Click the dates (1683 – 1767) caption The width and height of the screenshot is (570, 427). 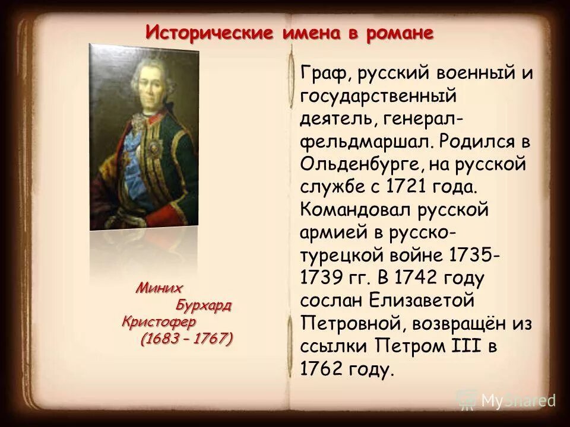point(186,339)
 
